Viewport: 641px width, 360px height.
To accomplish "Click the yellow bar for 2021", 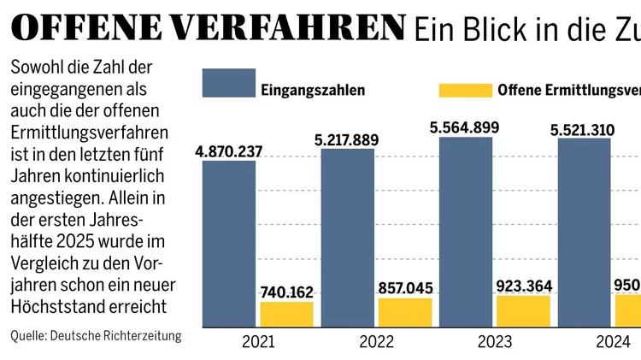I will coord(286,314).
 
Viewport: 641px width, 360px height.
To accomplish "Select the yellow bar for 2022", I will coord(405,312).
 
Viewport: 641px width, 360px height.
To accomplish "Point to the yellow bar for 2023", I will coord(523,310).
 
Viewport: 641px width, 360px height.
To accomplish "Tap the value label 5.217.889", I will coord(348,140).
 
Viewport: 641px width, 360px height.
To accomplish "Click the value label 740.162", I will coord(286,292).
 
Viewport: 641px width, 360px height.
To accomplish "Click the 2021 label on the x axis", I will coord(257,342).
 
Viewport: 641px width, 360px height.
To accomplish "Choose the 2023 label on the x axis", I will coord(495,342).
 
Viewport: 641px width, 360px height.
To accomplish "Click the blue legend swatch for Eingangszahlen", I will coord(228,84).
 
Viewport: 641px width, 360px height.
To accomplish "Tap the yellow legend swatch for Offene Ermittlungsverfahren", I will coord(464,90).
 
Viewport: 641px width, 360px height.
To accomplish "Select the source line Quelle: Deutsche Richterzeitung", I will coord(96,336).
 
